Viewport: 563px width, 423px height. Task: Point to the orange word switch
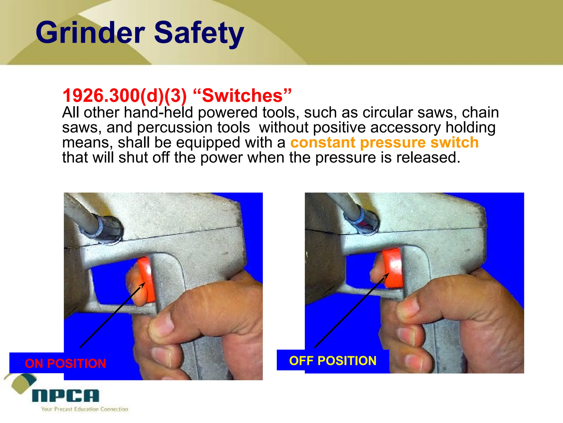click(454, 143)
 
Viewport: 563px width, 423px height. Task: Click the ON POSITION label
click(65, 364)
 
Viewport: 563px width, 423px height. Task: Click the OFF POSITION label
click(333, 361)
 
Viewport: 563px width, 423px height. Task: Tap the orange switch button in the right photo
click(393, 267)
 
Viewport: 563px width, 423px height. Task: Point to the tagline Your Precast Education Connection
click(85, 409)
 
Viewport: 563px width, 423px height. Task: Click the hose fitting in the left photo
click(106, 229)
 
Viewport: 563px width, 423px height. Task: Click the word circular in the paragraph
click(388, 113)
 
